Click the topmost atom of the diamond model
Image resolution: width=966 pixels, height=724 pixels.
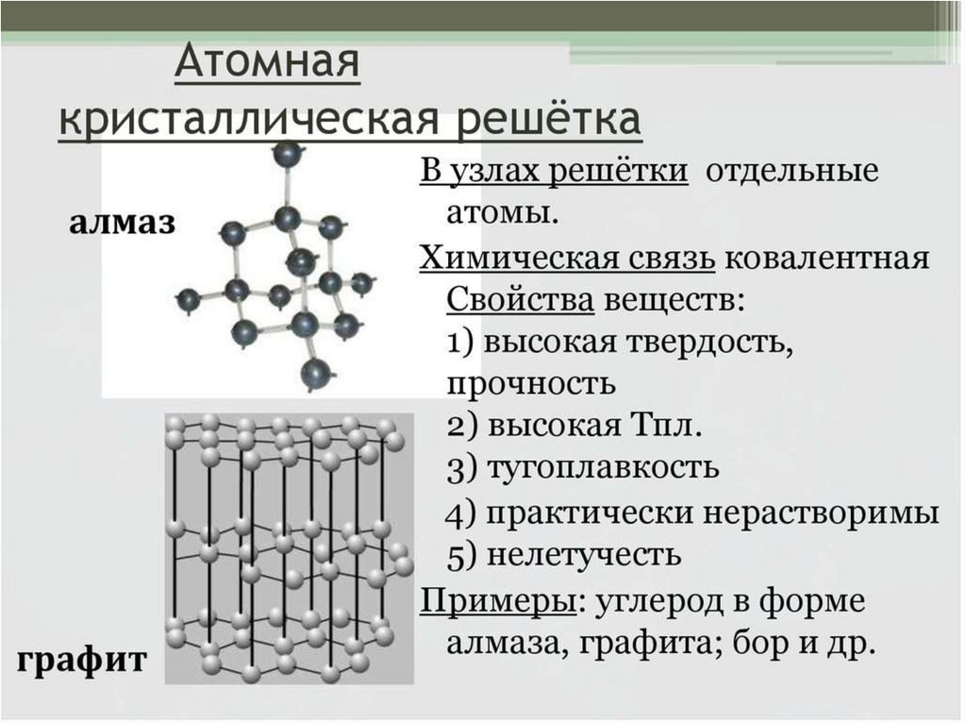[x=287, y=153]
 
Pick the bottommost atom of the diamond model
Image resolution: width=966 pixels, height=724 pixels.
[x=315, y=374]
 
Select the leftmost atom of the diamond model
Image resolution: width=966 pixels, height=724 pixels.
[x=189, y=300]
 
